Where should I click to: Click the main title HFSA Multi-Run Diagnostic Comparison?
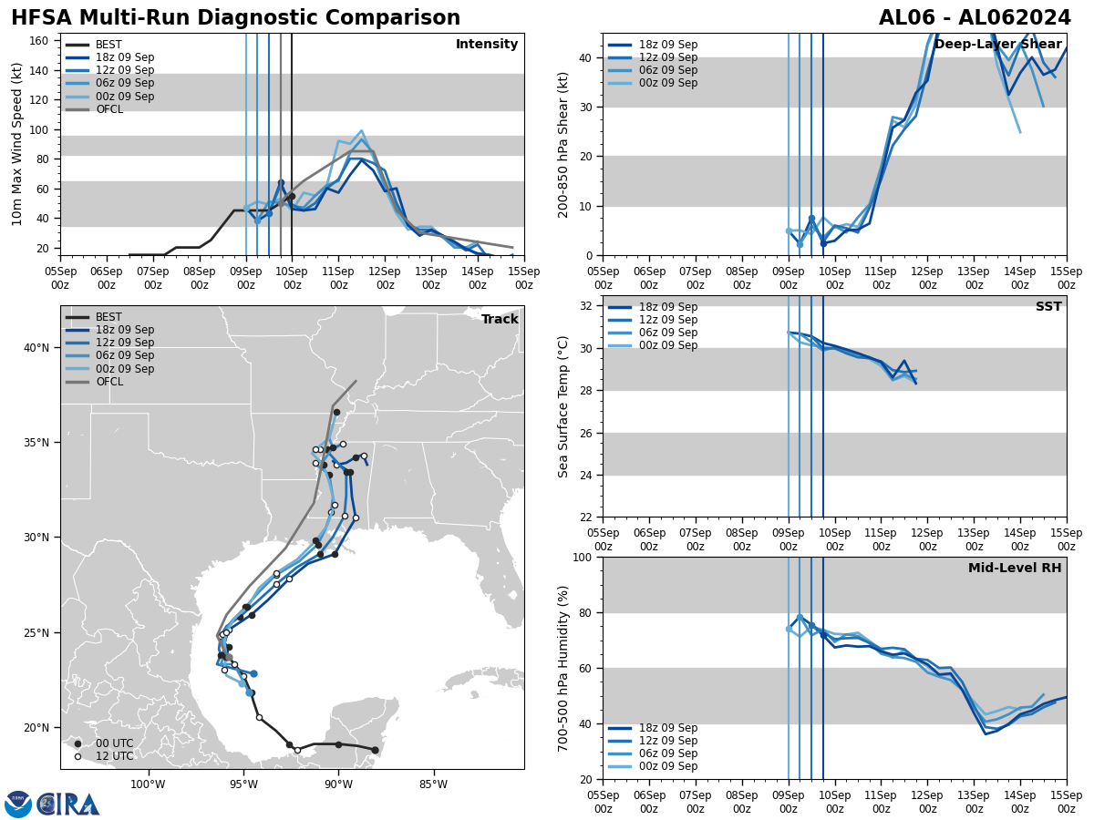pos(235,18)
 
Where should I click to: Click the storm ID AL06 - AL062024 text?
pos(975,18)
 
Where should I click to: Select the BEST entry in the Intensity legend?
pos(108,45)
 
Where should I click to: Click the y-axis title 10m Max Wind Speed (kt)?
pos(17,143)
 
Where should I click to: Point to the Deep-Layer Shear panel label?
pos(997,45)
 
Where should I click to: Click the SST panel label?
pos(1048,307)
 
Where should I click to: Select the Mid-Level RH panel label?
pos(1015,569)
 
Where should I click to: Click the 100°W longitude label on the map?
pos(148,784)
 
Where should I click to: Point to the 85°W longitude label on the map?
pos(433,784)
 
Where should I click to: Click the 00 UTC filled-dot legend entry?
pos(114,743)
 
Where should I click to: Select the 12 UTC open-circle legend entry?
pos(114,756)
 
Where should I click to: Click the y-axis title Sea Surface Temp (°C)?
pos(564,406)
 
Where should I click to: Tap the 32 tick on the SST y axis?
pos(585,306)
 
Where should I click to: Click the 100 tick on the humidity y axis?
pos(582,557)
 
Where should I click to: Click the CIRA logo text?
pos(69,804)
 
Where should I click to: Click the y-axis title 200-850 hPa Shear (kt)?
pos(564,144)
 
